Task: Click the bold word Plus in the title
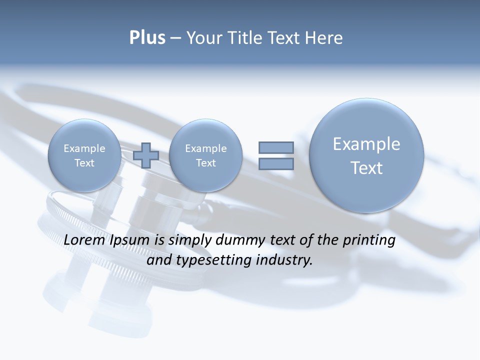tap(147, 38)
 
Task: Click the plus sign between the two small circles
tap(146, 155)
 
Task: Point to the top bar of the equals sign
tap(276, 147)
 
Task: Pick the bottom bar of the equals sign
tap(276, 164)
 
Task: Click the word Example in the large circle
tap(366, 144)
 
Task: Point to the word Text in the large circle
tap(366, 168)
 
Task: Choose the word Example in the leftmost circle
tap(84, 148)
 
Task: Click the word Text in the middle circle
tap(205, 163)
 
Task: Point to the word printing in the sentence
tap(368, 240)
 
